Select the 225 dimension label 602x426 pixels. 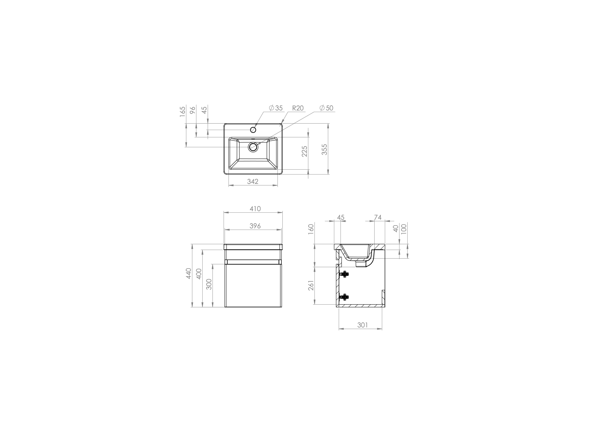[304, 151]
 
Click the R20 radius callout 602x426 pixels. [298, 108]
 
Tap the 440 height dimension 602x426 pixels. [189, 274]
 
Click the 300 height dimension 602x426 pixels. [209, 284]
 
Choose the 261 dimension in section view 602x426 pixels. [311, 285]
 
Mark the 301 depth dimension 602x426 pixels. [363, 325]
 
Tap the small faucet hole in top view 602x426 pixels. [253, 130]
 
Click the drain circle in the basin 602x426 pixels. [253, 147]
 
